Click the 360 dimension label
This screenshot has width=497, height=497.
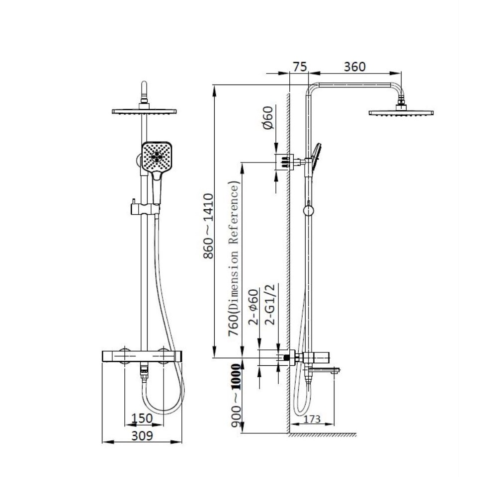(x=355, y=67)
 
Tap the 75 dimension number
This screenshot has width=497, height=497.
(x=300, y=67)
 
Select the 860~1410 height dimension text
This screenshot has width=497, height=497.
(x=208, y=226)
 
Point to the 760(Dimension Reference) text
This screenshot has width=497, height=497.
(x=234, y=258)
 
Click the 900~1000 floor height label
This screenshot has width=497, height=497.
(x=236, y=396)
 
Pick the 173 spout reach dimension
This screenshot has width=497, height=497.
(x=312, y=419)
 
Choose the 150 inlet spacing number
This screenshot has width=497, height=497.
(x=142, y=418)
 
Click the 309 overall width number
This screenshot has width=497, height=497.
(x=142, y=436)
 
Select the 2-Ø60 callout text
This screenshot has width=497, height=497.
(x=253, y=307)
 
